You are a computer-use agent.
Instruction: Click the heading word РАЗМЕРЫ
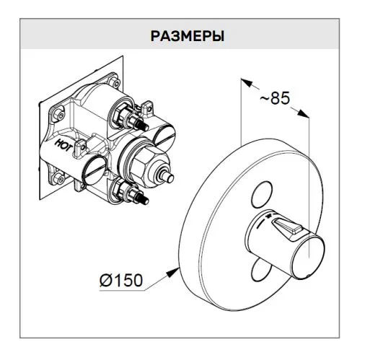[187, 36]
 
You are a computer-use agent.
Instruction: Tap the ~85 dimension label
[275, 98]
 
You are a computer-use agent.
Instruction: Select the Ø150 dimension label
[121, 280]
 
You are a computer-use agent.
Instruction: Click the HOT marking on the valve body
[63, 145]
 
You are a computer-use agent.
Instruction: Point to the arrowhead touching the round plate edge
[172, 273]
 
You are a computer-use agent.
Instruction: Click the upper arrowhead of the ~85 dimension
[247, 83]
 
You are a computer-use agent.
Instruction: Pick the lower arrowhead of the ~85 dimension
[303, 113]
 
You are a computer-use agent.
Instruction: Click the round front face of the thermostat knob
[308, 260]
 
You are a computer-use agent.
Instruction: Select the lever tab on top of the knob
[287, 226]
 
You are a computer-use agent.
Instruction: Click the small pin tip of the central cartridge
[170, 178]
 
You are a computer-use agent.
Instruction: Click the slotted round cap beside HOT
[94, 170]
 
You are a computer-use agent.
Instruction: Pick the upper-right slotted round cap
[164, 134]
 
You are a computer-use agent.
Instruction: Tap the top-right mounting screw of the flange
[115, 82]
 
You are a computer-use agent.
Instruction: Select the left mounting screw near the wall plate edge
[58, 114]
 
